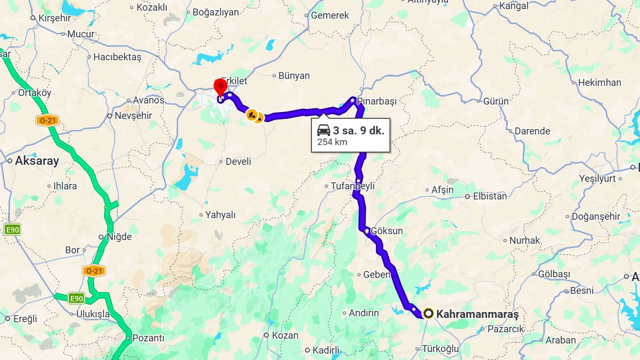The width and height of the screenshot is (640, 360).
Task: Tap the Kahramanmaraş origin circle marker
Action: coord(428,313)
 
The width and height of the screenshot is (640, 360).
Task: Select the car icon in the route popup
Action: coord(323,130)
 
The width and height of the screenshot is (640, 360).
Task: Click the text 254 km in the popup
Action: coord(332,142)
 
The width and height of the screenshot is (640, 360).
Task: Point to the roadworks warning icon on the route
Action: coord(251,114)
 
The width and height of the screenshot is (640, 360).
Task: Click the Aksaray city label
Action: coord(37,161)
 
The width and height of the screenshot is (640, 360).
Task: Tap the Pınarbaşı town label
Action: coord(377,101)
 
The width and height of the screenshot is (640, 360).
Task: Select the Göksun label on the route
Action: coord(387,231)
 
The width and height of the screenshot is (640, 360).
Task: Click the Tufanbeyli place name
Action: coord(353,186)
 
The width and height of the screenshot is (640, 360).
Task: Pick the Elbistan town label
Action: coord(490,196)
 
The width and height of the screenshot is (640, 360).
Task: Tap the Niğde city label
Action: coord(118,237)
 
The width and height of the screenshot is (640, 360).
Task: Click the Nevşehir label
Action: coord(133,116)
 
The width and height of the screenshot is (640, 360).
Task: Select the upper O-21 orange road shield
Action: coord(47,120)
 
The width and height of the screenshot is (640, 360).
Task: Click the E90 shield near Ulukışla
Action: coord(76,299)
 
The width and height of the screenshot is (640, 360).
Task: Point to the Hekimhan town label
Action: coord(599,83)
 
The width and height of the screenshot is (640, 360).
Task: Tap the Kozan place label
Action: coord(285,335)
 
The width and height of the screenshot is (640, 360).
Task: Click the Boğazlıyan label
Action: coord(215,12)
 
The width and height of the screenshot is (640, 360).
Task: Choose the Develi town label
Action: coord(238,161)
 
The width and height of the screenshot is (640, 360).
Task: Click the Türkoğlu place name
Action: coord(440,349)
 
